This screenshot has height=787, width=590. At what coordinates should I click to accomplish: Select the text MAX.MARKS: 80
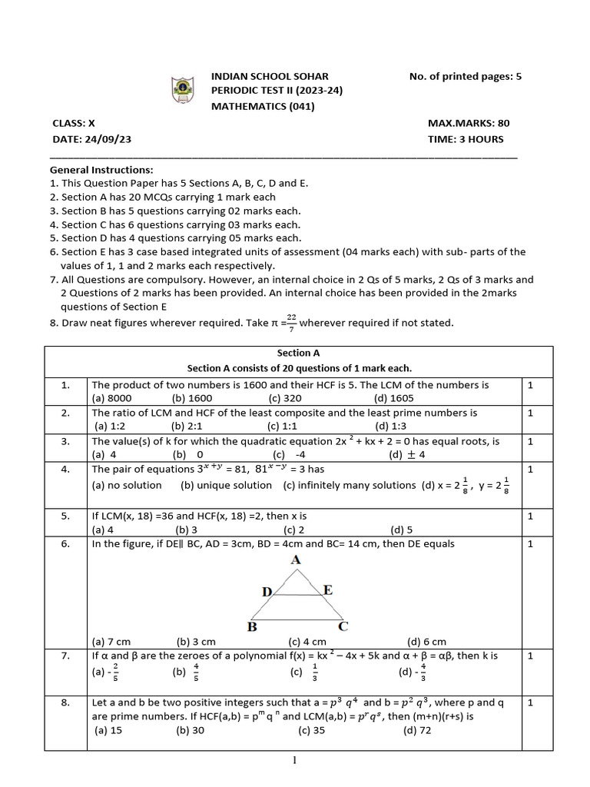pos(469,123)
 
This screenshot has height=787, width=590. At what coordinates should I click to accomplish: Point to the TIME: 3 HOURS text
pos(466,139)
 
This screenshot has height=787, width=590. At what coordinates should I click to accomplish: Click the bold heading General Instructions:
pos(101,169)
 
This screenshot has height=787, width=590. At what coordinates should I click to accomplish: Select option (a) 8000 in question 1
pos(112,398)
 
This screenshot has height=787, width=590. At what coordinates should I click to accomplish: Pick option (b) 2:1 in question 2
pos(187,426)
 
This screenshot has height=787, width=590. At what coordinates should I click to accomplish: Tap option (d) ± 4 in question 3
pos(406,454)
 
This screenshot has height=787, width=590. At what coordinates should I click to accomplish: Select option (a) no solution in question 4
pos(127,486)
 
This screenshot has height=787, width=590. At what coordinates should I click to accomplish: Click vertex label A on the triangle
pos(297,561)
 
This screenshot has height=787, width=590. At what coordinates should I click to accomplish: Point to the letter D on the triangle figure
pos(267,591)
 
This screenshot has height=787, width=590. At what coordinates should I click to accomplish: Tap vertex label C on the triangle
pos(343,626)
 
